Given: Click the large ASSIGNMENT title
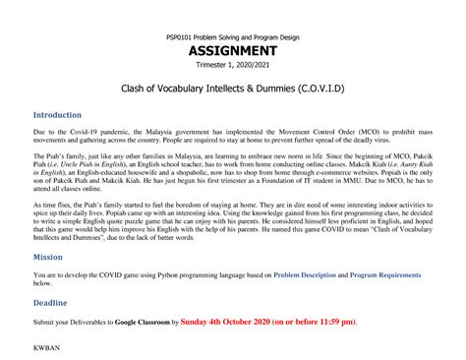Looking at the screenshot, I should pos(233,51).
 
